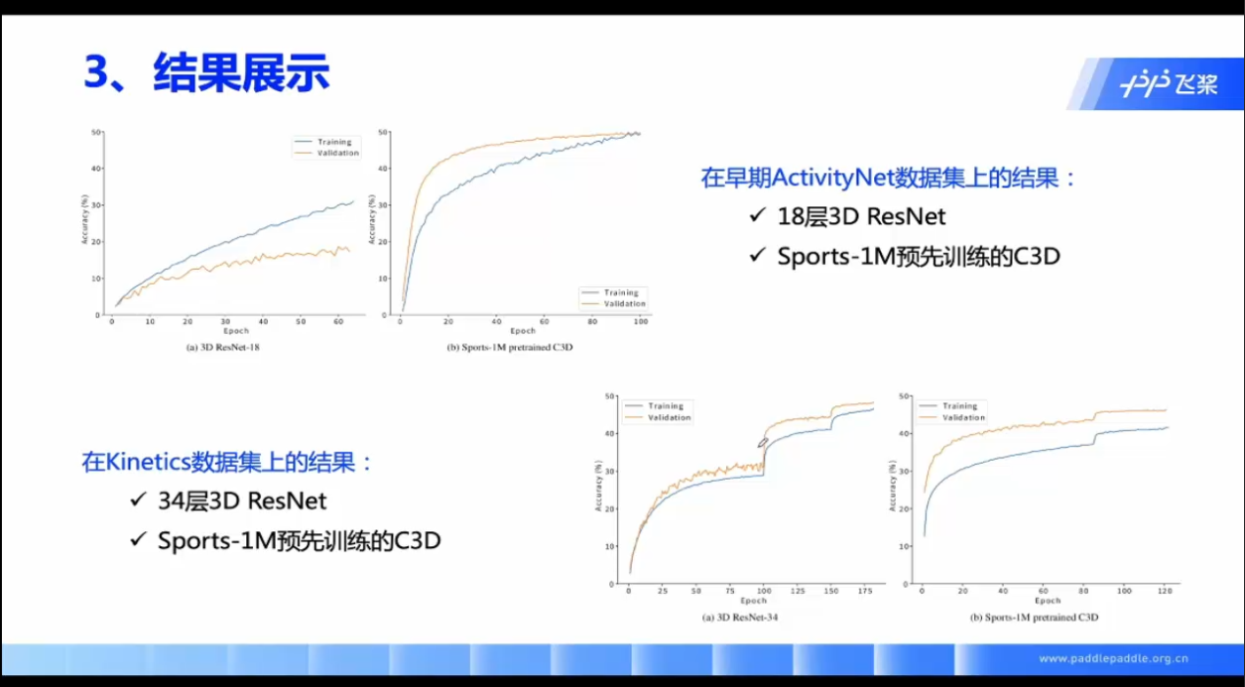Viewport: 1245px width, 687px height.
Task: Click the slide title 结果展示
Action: [241, 74]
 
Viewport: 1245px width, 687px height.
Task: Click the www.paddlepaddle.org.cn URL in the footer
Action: [1113, 659]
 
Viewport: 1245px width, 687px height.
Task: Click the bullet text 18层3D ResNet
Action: [861, 216]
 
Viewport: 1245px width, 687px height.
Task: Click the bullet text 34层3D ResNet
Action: [242, 500]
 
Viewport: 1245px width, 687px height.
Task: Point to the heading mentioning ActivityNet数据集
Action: [888, 178]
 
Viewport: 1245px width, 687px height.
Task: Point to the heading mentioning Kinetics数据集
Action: [227, 463]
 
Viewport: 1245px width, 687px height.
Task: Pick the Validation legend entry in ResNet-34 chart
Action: [669, 418]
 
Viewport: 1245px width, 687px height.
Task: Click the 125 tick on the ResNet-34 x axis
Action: [795, 591]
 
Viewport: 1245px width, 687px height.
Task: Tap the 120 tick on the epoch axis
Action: [1165, 591]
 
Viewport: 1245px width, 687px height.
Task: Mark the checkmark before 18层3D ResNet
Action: [758, 216]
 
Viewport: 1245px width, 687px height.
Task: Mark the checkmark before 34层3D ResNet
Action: [138, 500]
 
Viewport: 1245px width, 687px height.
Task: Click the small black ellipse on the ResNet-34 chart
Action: [763, 443]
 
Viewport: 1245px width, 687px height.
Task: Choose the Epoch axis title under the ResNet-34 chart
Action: [753, 601]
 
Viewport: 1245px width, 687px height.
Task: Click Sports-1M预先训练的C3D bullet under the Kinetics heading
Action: [299, 541]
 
